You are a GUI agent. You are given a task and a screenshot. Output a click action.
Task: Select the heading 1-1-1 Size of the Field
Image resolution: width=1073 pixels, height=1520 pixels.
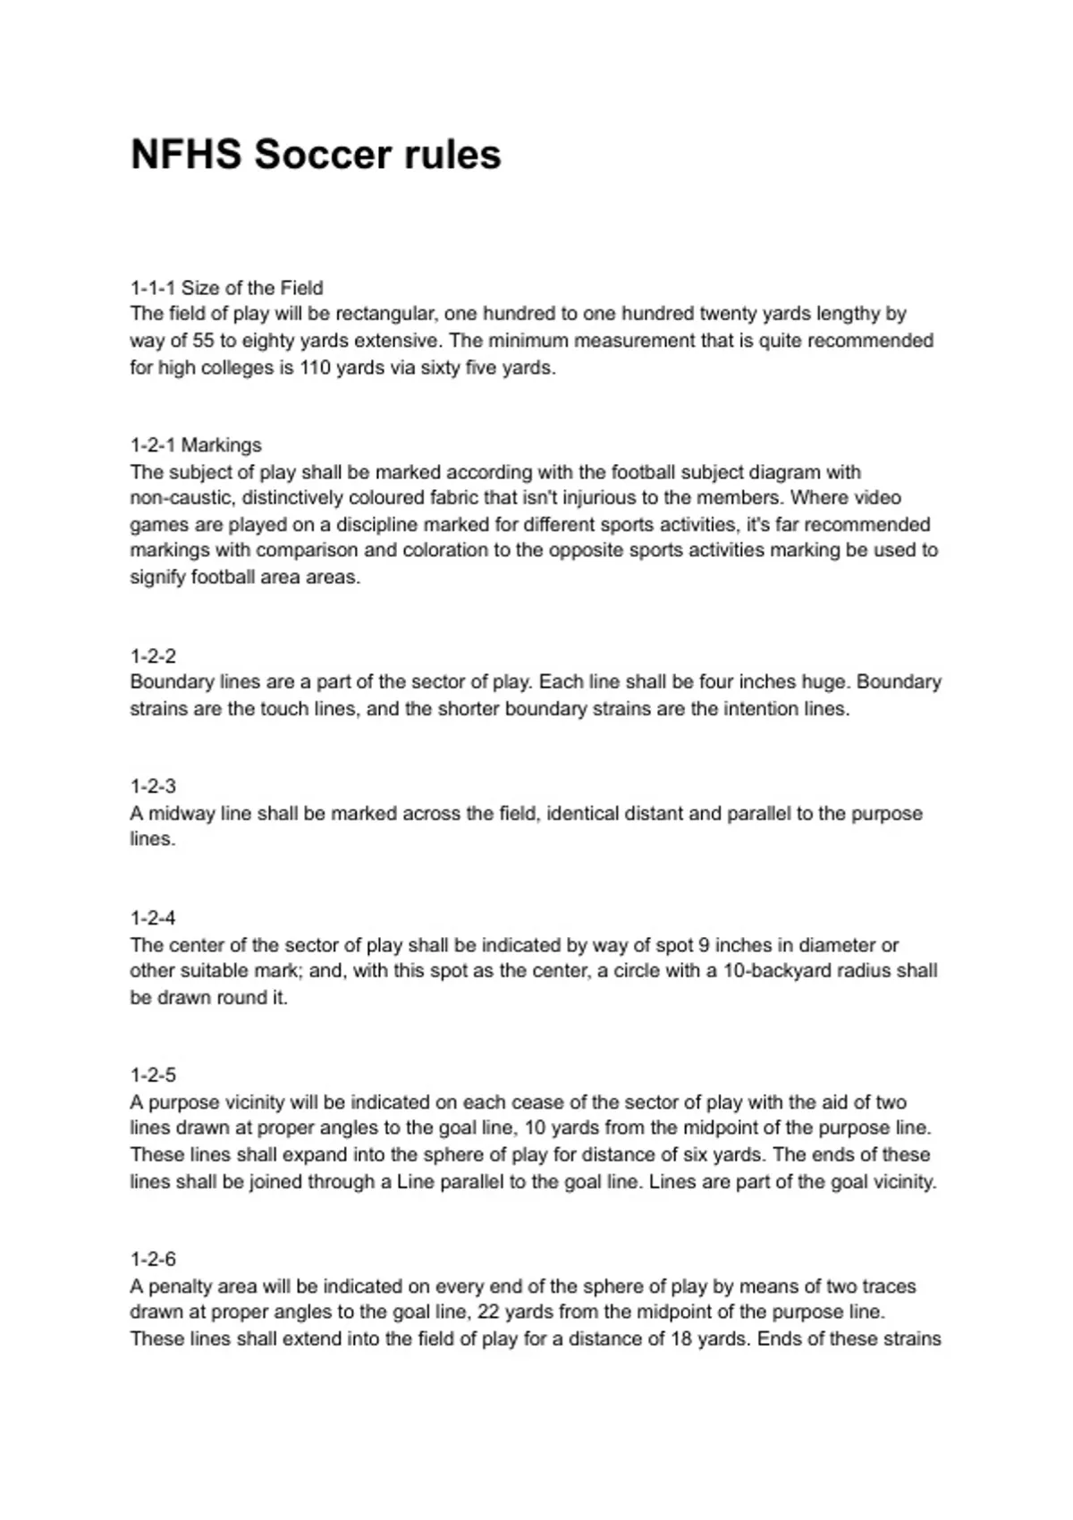[226, 288]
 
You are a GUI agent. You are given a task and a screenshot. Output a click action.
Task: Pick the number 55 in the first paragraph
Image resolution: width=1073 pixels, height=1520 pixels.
[207, 341]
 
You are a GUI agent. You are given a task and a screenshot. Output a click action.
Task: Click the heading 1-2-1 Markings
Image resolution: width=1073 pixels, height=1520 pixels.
[196, 445]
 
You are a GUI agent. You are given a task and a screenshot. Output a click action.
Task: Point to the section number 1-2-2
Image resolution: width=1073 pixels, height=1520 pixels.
[153, 656]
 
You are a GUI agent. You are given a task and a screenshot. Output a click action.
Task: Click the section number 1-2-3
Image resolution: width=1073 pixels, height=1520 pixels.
[153, 787]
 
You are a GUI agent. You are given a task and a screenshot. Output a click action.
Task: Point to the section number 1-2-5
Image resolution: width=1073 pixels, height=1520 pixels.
[153, 1076]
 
